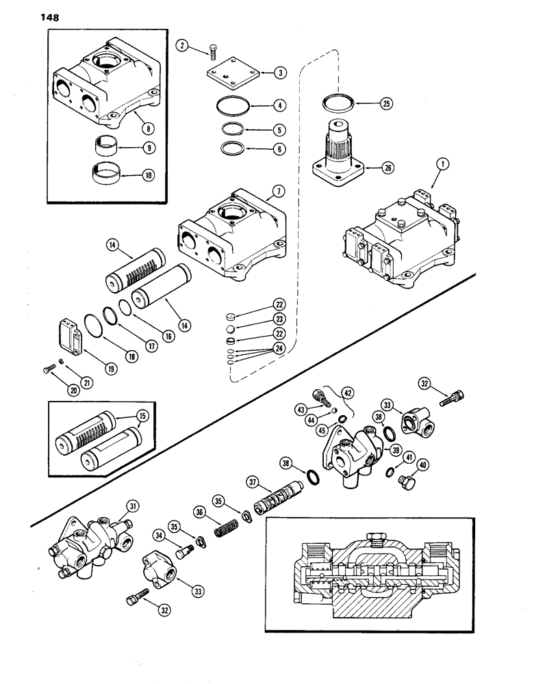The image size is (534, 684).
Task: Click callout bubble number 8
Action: coord(142,127)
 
